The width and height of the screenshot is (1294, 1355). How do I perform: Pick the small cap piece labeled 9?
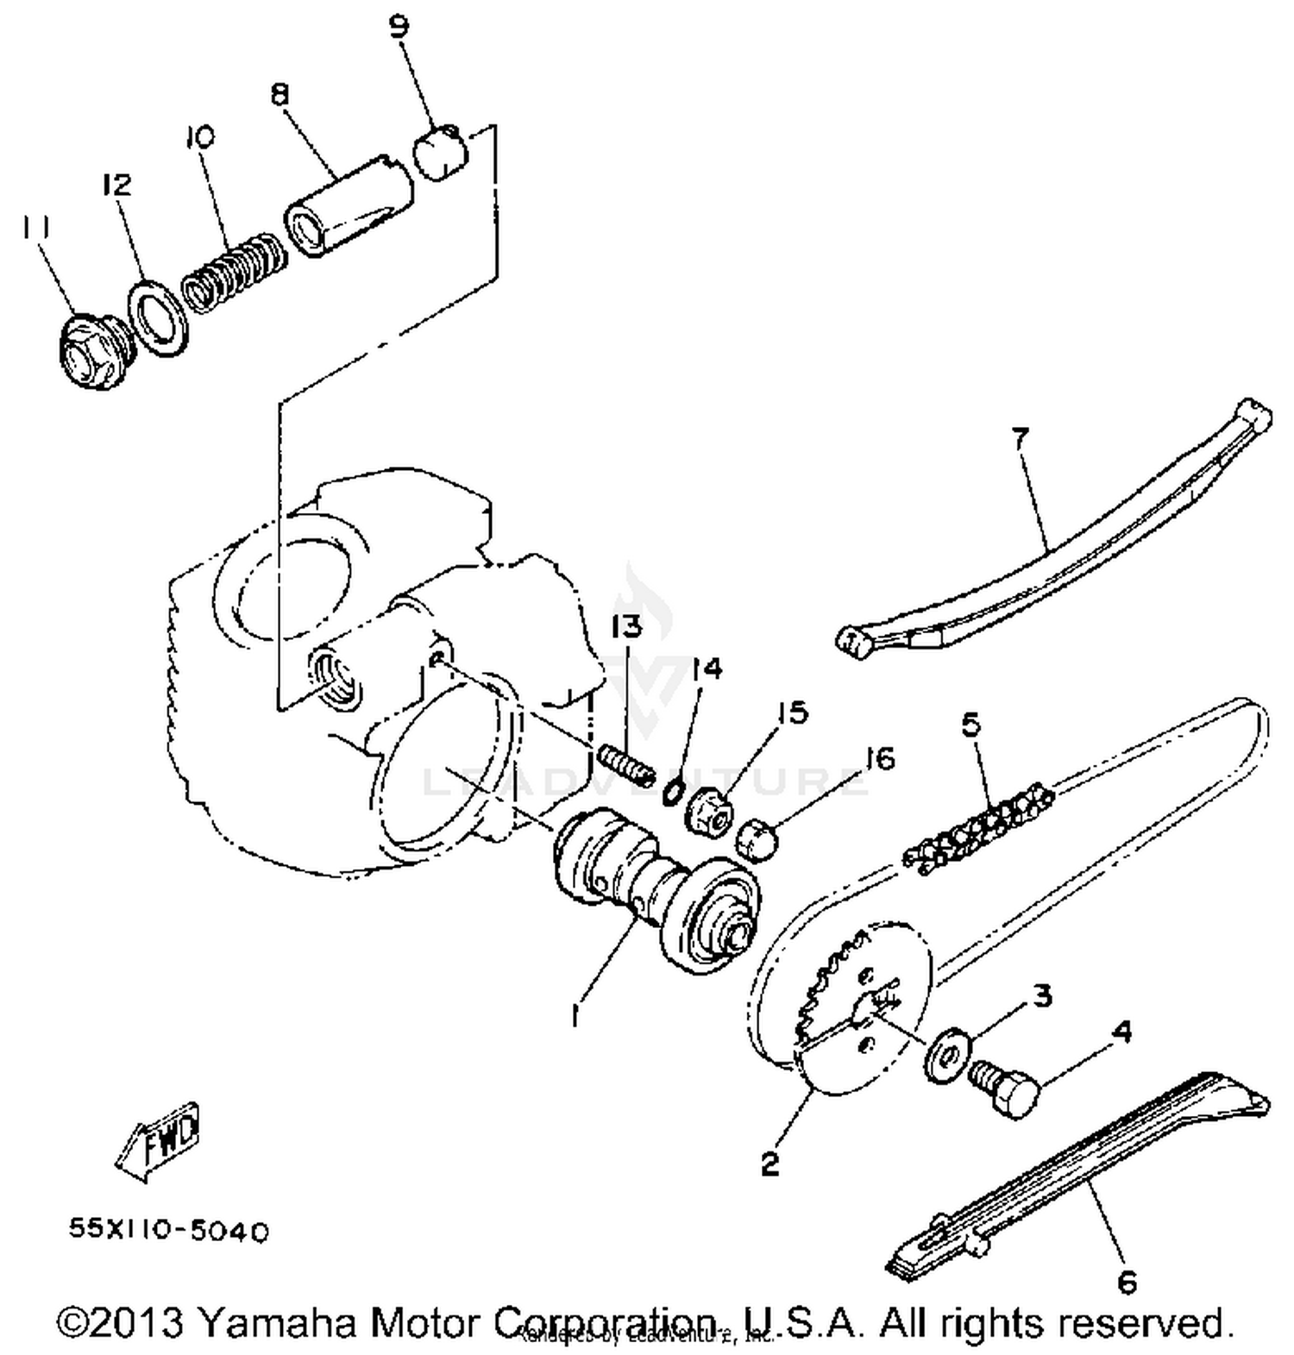pos(444,151)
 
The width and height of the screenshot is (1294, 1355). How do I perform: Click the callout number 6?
pos(1127,1282)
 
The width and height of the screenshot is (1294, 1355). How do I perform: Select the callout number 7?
pos(1020,439)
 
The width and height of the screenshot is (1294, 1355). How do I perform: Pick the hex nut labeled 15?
pos(709,812)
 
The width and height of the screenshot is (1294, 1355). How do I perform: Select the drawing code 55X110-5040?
pos(169,1230)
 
